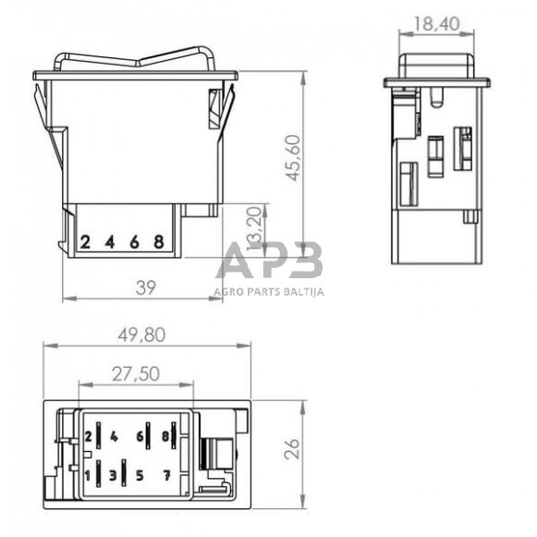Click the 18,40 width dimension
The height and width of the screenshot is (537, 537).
(436, 24)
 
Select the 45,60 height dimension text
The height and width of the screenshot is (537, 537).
(294, 158)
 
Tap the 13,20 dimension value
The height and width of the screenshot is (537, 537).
(254, 229)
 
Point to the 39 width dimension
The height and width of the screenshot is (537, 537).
(145, 287)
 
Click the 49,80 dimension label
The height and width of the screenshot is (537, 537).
(141, 335)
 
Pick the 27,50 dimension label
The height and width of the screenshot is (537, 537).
(136, 373)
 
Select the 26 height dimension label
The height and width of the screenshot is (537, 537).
(292, 448)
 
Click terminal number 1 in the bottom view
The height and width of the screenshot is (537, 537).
(88, 475)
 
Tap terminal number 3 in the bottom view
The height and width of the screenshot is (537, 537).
(113, 475)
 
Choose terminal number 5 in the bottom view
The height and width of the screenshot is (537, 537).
(140, 475)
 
